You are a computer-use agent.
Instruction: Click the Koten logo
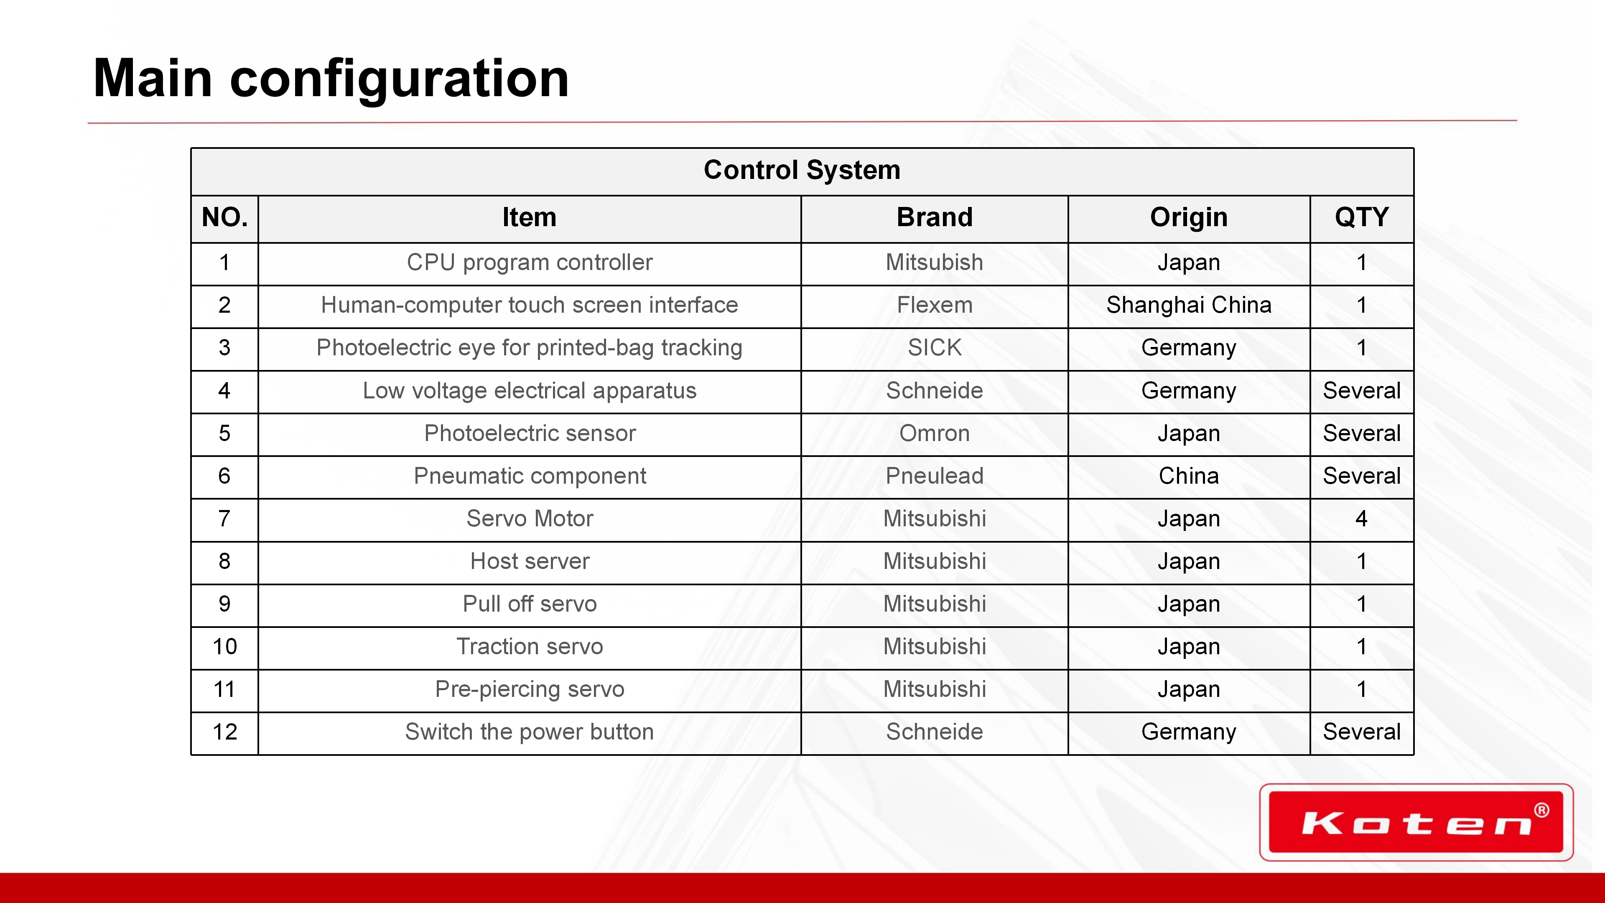tap(1416, 822)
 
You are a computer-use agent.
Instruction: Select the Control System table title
tap(802, 169)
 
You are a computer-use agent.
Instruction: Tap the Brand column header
tap(935, 217)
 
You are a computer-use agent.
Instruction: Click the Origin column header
tap(1189, 217)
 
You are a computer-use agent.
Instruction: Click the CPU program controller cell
tap(530, 263)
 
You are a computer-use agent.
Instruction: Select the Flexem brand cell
tap(935, 305)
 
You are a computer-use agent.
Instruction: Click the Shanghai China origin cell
tap(1189, 305)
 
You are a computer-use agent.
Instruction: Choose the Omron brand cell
tap(935, 433)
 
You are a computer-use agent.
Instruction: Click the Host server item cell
tap(530, 561)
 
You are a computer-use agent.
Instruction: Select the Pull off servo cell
tap(530, 604)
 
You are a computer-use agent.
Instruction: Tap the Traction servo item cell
tap(530, 646)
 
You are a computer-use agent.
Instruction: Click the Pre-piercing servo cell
tap(530, 689)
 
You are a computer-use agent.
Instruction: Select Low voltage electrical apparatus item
tap(530, 391)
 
